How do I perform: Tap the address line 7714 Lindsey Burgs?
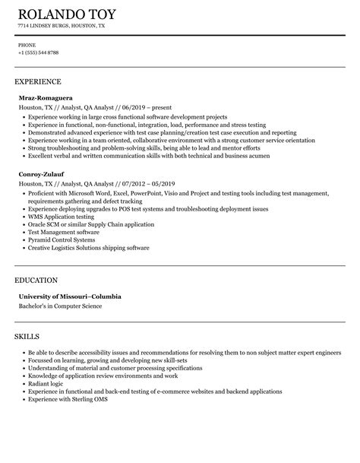tap(62, 26)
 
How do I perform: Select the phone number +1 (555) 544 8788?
tap(39, 52)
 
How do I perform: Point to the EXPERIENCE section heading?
tap(37, 81)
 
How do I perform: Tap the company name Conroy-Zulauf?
tap(43, 173)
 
